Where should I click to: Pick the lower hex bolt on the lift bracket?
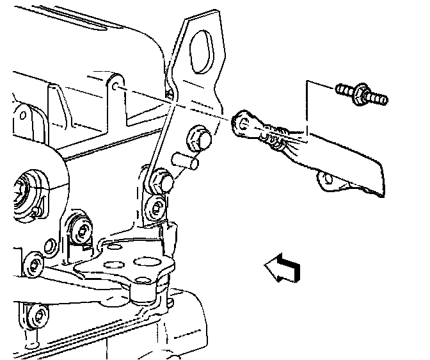pos(163,181)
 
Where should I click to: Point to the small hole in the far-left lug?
pos(22,115)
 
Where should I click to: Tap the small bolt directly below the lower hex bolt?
pos(155,206)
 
